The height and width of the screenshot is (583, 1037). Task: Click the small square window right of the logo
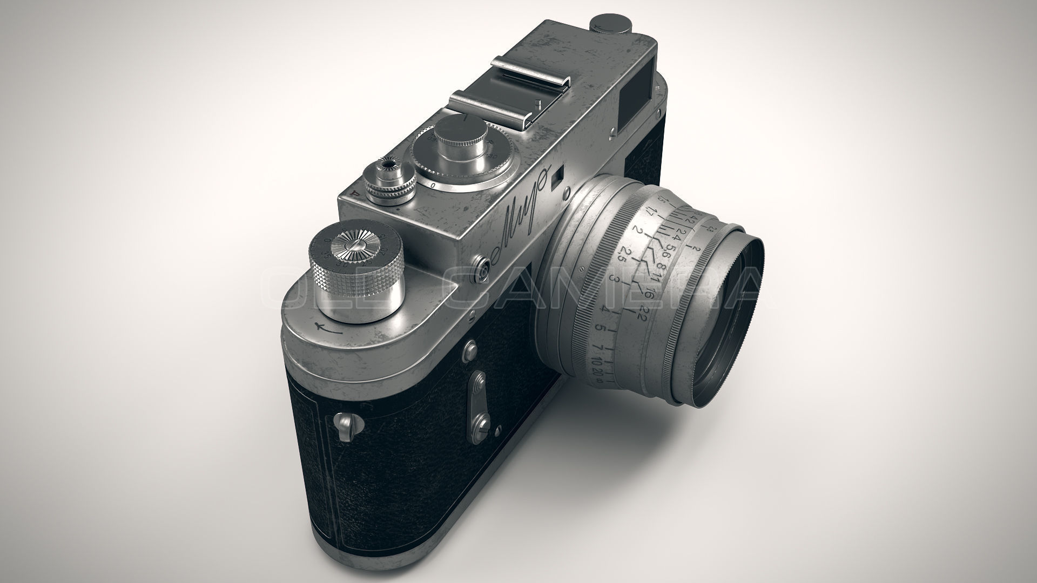(556, 179)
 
